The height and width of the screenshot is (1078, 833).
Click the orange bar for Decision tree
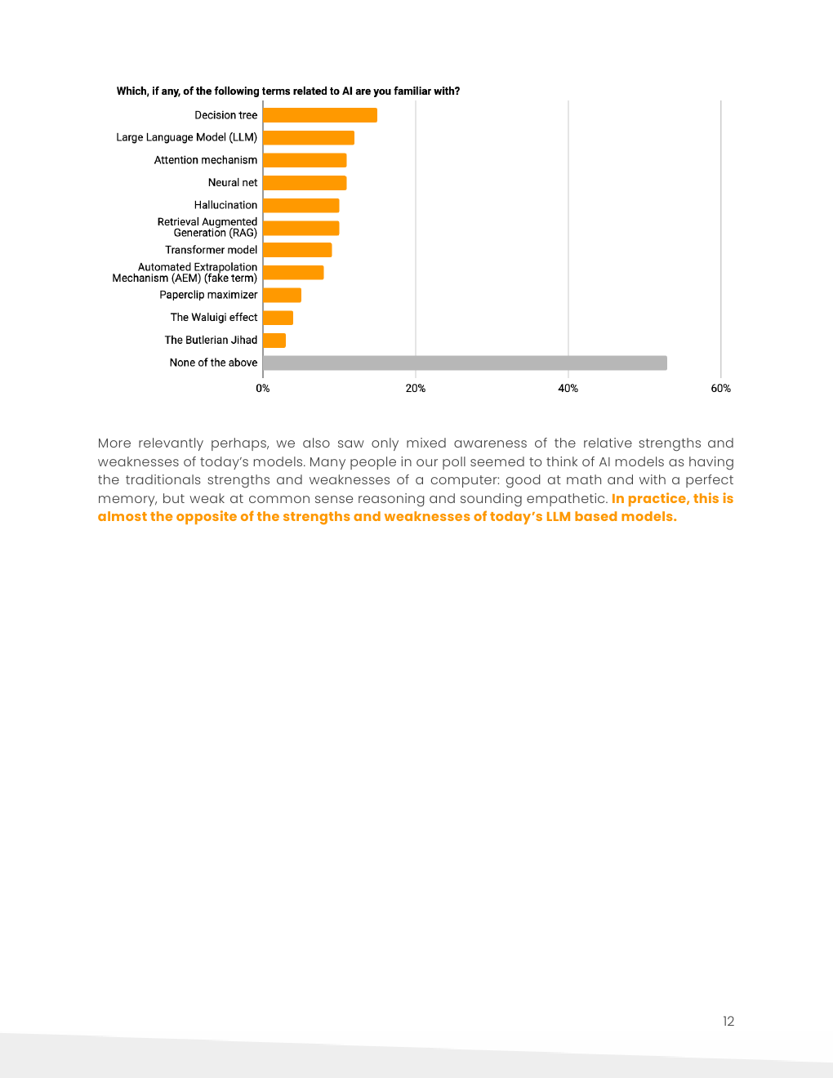(319, 115)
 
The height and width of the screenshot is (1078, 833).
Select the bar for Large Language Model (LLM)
(308, 138)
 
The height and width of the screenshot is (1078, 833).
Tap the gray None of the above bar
(465, 363)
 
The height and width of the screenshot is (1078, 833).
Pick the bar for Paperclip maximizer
(282, 295)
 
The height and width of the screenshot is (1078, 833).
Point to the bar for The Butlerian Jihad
(274, 340)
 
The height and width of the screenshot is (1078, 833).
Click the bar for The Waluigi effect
(278, 318)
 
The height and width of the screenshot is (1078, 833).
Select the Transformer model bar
(297, 250)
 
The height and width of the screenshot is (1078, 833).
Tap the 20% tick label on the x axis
(415, 389)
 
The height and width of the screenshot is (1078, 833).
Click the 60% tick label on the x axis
(720, 389)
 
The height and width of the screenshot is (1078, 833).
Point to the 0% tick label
(263, 389)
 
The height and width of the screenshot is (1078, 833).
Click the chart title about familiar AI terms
(287, 91)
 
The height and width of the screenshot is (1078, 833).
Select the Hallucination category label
(225, 205)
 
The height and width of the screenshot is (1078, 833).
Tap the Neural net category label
(232, 183)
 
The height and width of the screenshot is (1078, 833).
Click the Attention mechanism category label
(205, 160)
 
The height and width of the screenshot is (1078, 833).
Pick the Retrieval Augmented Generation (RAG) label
(207, 227)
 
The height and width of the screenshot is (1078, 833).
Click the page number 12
(728, 1021)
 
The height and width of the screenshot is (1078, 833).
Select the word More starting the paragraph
(114, 443)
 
